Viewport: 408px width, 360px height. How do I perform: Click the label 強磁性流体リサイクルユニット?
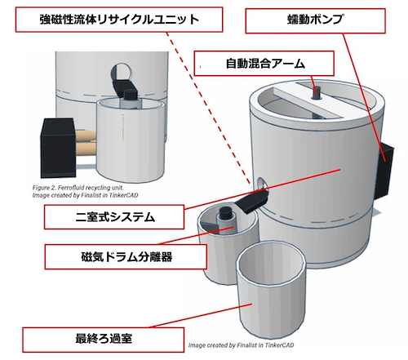(119, 20)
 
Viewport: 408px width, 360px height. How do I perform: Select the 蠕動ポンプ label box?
(315, 20)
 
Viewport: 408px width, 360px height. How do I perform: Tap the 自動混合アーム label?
(264, 64)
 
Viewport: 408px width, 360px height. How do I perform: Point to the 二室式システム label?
(114, 217)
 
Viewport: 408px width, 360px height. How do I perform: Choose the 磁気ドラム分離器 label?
(126, 257)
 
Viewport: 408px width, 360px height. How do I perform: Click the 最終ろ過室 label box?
(104, 340)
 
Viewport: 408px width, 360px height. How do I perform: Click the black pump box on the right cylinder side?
(384, 170)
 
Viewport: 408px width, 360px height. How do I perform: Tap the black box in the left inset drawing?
(58, 148)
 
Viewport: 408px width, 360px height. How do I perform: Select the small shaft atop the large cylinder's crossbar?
(316, 92)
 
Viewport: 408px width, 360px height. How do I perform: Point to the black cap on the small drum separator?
(225, 212)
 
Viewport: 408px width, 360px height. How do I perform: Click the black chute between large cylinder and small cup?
(252, 200)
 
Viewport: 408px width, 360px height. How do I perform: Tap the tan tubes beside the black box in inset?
(85, 142)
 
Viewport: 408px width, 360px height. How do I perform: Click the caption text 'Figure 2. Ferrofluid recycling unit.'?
(78, 188)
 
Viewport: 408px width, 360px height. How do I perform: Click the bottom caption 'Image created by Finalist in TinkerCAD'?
(241, 345)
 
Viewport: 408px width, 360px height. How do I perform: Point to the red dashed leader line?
(209, 109)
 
